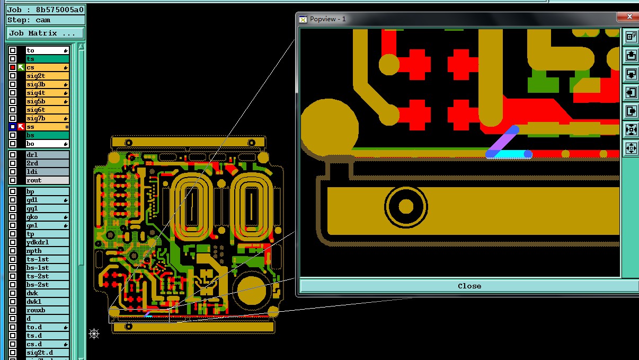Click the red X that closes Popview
tap(629, 16)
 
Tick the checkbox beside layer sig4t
tap(13, 93)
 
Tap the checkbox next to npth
tap(13, 251)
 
